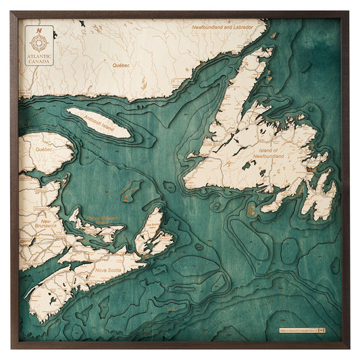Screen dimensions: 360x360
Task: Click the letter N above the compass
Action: (x=40, y=29)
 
